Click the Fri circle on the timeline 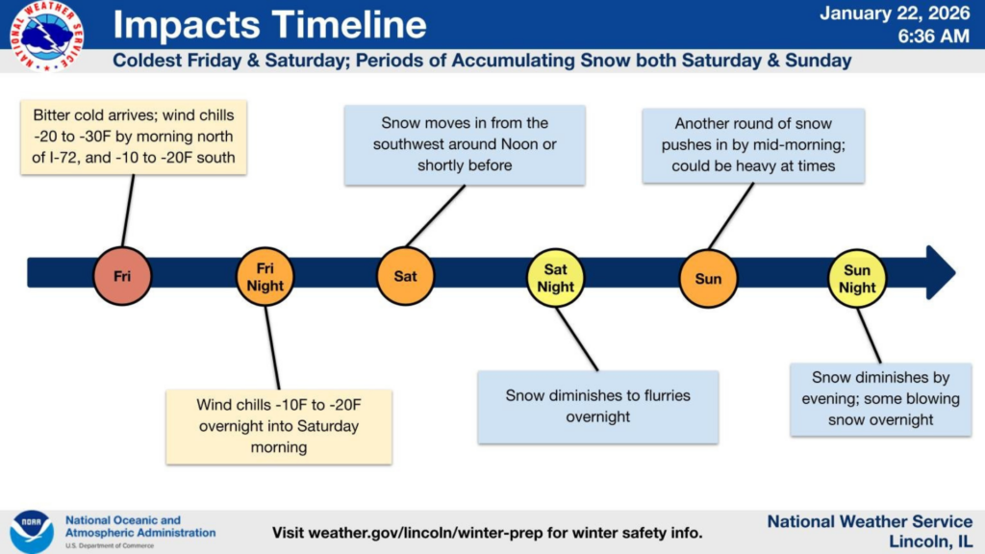tap(122, 277)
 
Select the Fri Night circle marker tap(265, 277)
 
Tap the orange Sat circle tap(406, 277)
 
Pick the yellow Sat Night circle tap(556, 277)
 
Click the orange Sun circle tap(708, 278)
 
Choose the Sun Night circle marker tap(857, 278)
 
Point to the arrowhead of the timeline tap(940, 272)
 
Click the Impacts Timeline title tap(269, 26)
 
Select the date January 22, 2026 tap(895, 13)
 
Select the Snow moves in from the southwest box tap(465, 144)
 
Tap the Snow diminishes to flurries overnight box tap(597, 406)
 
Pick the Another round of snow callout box tap(753, 144)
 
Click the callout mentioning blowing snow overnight tap(880, 398)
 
